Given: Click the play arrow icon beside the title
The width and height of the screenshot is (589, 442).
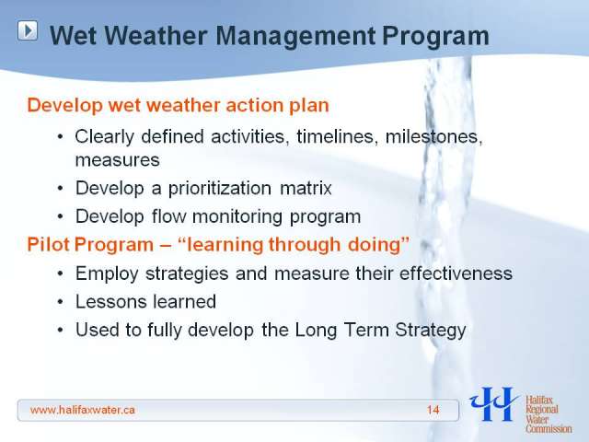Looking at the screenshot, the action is [x=28, y=30].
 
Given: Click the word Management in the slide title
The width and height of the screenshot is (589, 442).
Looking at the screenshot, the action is [x=295, y=37].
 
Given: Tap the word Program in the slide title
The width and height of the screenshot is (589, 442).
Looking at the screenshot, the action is [x=435, y=37].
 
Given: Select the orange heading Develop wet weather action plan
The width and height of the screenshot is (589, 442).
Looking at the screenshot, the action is [x=178, y=105].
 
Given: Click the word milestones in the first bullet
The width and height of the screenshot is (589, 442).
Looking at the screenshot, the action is [x=433, y=136].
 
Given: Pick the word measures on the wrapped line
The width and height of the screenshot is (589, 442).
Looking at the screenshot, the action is [x=118, y=160].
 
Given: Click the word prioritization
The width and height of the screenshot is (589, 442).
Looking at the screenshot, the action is [x=220, y=189].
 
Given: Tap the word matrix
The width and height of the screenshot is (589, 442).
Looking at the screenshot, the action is [x=306, y=188].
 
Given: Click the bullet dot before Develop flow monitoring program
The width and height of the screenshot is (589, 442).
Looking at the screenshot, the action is [x=61, y=217].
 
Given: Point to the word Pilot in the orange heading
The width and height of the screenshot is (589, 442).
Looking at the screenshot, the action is [x=49, y=245].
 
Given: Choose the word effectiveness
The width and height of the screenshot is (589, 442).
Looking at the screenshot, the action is [x=456, y=273].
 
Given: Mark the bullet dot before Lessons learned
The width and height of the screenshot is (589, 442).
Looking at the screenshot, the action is [x=61, y=302].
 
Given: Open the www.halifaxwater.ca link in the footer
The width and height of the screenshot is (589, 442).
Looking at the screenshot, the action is [x=83, y=410].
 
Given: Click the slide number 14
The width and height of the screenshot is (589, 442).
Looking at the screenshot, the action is [x=433, y=410].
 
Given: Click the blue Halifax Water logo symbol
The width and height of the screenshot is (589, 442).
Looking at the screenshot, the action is [x=493, y=404].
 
